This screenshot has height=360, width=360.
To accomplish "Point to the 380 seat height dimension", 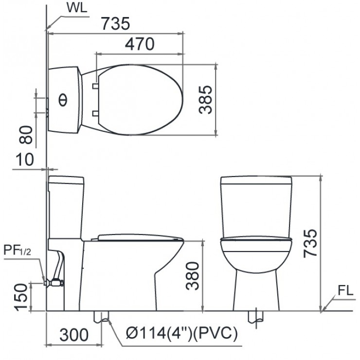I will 194,276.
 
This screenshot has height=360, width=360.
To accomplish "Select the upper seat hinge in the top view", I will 95,86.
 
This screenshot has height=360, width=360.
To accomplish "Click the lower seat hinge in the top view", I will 95,113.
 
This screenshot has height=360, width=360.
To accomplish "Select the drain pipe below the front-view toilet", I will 256,316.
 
